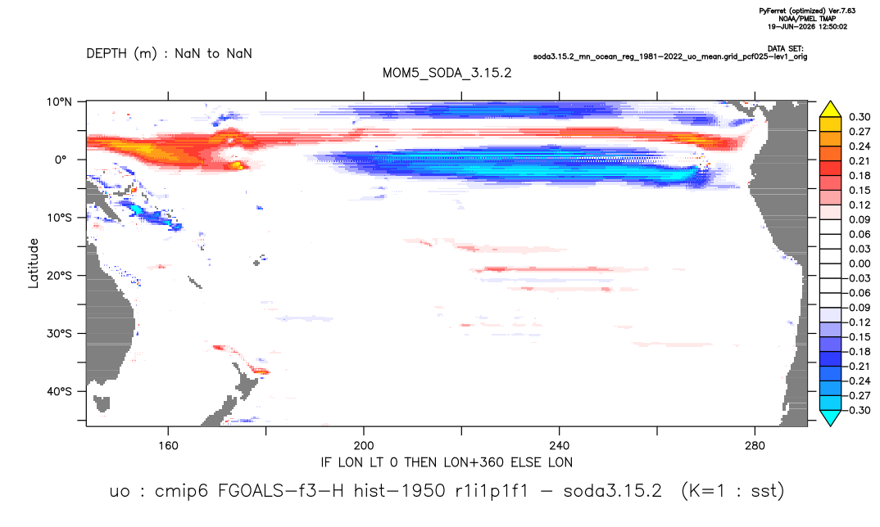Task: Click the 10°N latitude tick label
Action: click(x=59, y=101)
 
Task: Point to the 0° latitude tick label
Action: click(x=61, y=160)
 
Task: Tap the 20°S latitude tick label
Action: click(x=59, y=275)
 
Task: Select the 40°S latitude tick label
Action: click(x=59, y=391)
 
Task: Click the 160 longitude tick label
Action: click(x=168, y=446)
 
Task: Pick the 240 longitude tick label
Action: click(x=559, y=446)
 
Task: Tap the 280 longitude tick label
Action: click(x=755, y=446)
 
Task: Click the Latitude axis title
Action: click(x=34, y=263)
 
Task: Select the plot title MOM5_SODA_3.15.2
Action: click(x=447, y=74)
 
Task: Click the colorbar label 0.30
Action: click(x=860, y=117)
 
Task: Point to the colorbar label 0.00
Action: click(x=860, y=263)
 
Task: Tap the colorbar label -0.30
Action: click(x=858, y=410)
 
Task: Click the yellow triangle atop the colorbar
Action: click(x=830, y=110)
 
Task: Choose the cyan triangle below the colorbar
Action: click(x=830, y=417)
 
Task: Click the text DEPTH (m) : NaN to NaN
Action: click(x=169, y=54)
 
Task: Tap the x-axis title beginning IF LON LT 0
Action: click(x=447, y=462)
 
